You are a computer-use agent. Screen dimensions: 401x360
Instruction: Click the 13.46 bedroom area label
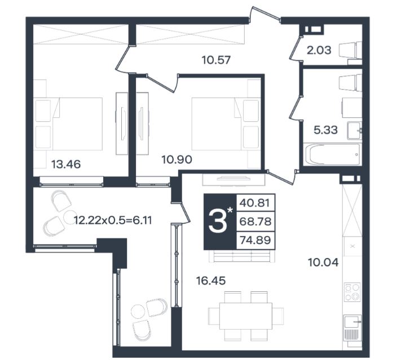pyautogui.click(x=66, y=164)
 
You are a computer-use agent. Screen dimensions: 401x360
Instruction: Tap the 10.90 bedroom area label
pyautogui.click(x=177, y=159)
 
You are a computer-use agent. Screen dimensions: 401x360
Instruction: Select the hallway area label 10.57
pyautogui.click(x=216, y=60)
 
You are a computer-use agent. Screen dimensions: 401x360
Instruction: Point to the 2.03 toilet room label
pyautogui.click(x=319, y=50)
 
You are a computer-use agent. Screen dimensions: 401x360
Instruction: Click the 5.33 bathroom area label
pyautogui.click(x=325, y=130)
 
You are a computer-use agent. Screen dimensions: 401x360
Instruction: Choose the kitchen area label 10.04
pyautogui.click(x=324, y=263)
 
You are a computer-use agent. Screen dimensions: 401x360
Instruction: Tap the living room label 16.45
pyautogui.click(x=211, y=281)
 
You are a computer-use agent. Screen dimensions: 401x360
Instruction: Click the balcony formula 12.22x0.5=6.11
pyautogui.click(x=113, y=220)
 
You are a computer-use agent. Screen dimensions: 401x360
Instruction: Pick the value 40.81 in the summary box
pyautogui.click(x=255, y=203)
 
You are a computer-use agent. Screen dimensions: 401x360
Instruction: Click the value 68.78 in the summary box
pyautogui.click(x=255, y=221)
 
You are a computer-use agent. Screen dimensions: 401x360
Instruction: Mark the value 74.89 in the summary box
pyautogui.click(x=255, y=240)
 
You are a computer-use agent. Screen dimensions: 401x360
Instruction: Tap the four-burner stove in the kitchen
pyautogui.click(x=352, y=292)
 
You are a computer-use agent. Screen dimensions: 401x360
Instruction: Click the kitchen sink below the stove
pyautogui.click(x=352, y=327)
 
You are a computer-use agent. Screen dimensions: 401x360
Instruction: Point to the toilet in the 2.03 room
pyautogui.click(x=351, y=50)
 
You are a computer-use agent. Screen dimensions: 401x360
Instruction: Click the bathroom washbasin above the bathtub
pyautogui.click(x=354, y=131)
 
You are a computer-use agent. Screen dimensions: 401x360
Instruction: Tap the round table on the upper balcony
pyautogui.click(x=70, y=217)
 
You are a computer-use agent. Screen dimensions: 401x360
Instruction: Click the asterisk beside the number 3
pyautogui.click(x=230, y=210)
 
